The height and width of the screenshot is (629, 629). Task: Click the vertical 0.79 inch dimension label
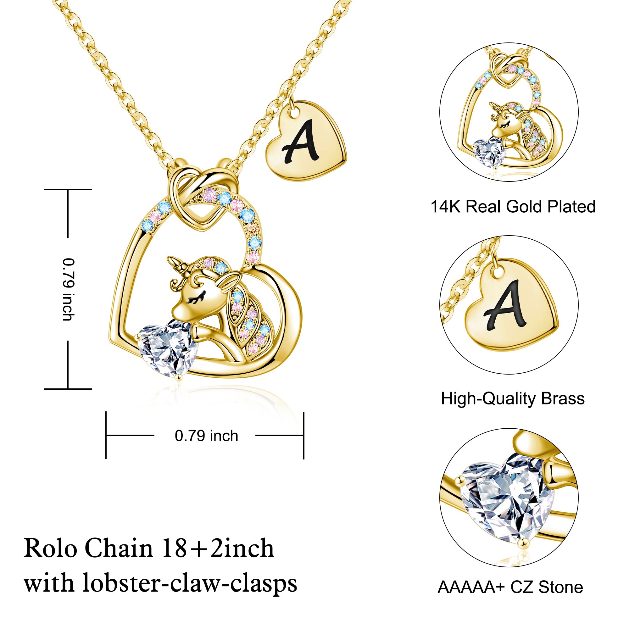pos(68,289)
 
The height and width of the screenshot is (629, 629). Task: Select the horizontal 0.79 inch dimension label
pos(206,436)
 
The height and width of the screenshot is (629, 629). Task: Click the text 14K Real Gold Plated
pos(513,206)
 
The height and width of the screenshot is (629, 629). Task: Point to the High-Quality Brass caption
pos(513,398)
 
